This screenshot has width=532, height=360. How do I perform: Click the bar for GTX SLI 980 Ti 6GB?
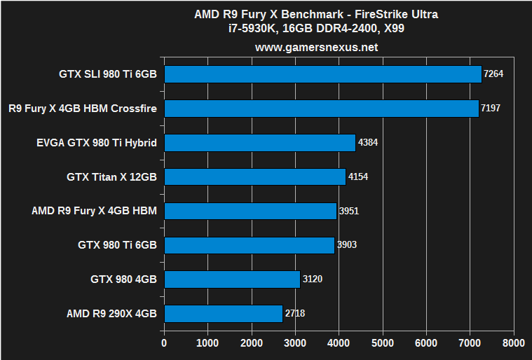pos(322,74)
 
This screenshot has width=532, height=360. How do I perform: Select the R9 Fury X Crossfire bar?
pos(321,109)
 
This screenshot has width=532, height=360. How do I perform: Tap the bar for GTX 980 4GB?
pos(232,279)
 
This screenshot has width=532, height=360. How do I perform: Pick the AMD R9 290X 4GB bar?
pos(223,313)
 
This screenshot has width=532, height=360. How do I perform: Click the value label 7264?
pos(494,74)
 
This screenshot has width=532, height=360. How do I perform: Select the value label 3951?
pos(349,211)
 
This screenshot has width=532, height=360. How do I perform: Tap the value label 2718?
pos(295,313)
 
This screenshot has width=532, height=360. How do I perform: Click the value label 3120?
pos(313,279)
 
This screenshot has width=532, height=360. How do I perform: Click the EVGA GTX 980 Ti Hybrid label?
pos(96,143)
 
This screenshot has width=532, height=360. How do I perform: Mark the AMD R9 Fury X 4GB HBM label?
pos(94,211)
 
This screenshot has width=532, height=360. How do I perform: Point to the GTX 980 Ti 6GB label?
pos(117,245)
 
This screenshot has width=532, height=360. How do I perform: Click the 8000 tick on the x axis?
pos(513,343)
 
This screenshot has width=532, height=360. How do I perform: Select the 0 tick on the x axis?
pos(164,343)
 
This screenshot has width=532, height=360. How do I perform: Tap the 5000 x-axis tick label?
pos(382,343)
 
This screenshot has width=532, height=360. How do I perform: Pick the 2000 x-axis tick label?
pos(251,343)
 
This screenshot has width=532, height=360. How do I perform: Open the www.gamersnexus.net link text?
pos(316,48)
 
